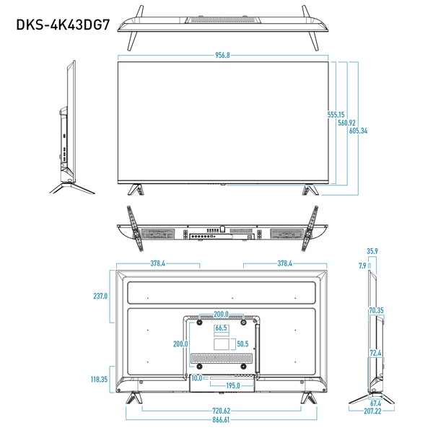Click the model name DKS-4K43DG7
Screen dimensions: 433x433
tap(63, 25)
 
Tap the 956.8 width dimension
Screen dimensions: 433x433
tap(222, 56)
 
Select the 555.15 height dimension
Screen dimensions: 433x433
tap(336, 115)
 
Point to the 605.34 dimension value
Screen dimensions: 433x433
tap(358, 131)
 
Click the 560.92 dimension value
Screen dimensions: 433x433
tap(346, 123)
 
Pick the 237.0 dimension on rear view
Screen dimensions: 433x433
tap(100, 296)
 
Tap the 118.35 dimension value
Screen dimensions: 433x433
tap(99, 379)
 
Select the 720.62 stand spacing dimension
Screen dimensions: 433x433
tap(222, 411)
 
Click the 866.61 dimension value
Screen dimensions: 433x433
tap(221, 419)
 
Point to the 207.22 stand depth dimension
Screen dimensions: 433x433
tap(372, 411)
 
